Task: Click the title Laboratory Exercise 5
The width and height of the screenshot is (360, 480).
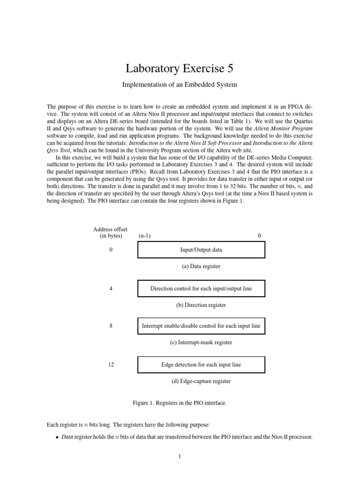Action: point(180,69)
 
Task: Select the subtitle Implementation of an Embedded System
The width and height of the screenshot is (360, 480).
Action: point(180,85)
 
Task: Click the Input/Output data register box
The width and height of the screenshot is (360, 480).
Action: point(201,250)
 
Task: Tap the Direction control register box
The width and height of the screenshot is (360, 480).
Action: point(201,289)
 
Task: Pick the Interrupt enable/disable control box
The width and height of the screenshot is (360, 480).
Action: point(201,326)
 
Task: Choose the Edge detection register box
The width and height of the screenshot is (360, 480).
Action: point(201,365)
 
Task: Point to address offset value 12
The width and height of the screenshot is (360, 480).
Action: point(111,365)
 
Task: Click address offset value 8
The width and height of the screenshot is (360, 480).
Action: point(111,326)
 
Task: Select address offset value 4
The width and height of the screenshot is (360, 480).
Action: point(111,289)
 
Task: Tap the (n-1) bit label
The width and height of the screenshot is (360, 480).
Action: point(145,236)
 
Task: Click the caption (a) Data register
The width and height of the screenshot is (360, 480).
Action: point(201,266)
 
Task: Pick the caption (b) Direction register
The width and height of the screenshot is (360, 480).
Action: point(201,305)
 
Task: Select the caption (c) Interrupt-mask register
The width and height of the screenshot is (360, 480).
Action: point(201,343)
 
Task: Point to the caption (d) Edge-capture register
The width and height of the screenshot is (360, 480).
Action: point(201,381)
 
